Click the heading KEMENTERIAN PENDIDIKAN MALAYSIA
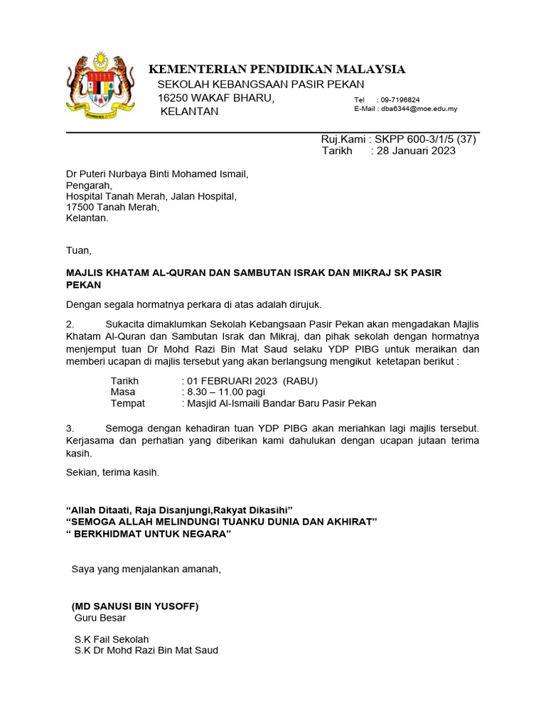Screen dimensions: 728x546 (x=277, y=69)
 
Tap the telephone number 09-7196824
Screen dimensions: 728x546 (x=400, y=100)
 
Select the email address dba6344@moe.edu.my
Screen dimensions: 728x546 (x=419, y=109)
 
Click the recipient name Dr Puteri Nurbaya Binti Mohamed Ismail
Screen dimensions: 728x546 (x=157, y=173)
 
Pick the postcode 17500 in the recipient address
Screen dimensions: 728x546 (x=81, y=207)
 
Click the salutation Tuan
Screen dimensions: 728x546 (x=78, y=250)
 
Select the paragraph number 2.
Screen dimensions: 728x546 (x=70, y=323)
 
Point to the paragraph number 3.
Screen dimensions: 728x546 (x=70, y=428)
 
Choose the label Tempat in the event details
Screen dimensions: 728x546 (x=128, y=403)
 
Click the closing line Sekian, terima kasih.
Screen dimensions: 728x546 (x=112, y=471)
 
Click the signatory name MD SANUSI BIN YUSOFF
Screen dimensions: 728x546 (x=135, y=606)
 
